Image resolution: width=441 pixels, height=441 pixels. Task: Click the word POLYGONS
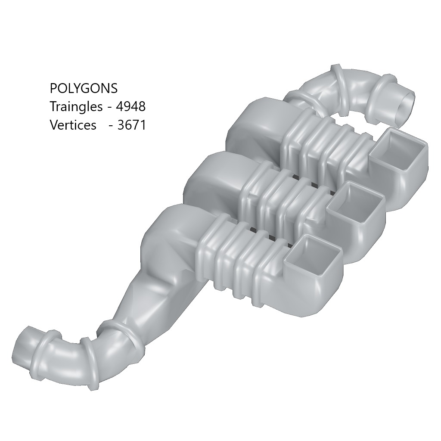[84, 88]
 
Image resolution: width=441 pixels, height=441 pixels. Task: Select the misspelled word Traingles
[76, 106]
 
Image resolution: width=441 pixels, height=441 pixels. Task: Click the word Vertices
[73, 125]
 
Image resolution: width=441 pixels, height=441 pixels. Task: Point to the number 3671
[132, 125]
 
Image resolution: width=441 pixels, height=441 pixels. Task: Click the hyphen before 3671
[111, 125]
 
